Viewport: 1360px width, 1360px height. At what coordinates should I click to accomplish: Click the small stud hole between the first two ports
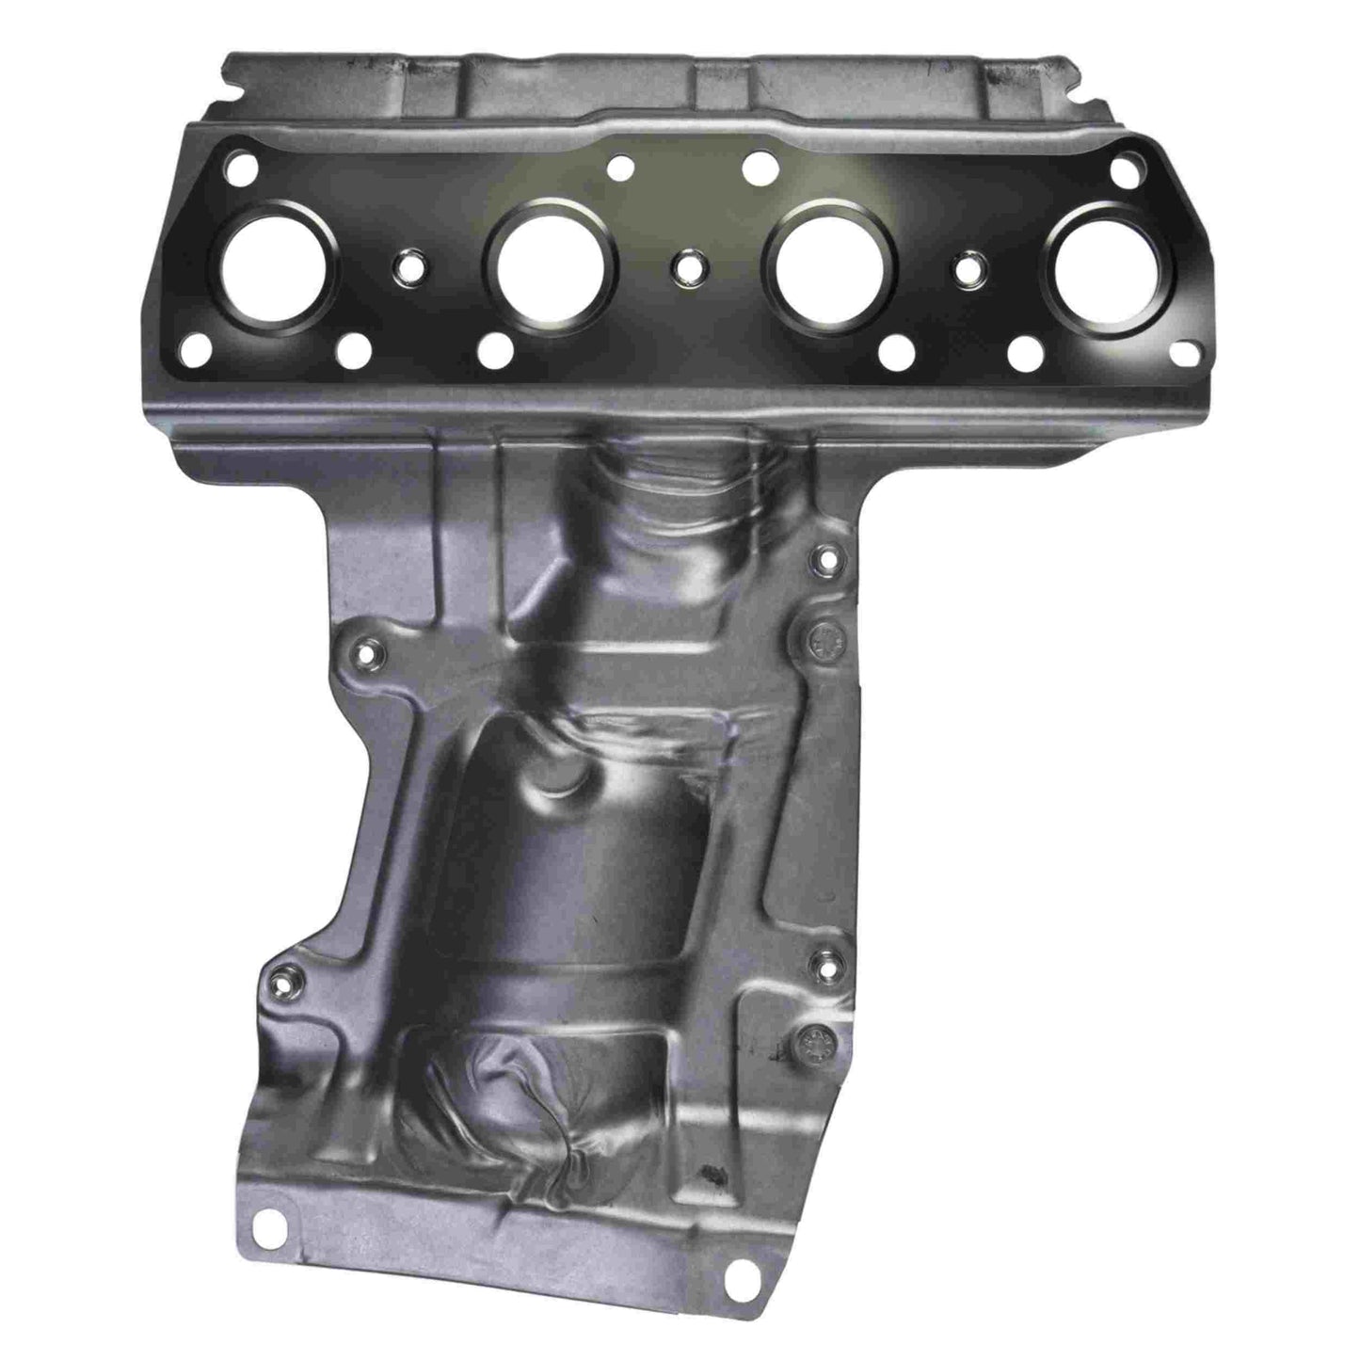tap(408, 265)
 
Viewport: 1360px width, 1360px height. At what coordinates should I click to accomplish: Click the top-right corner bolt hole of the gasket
tap(1122, 170)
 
